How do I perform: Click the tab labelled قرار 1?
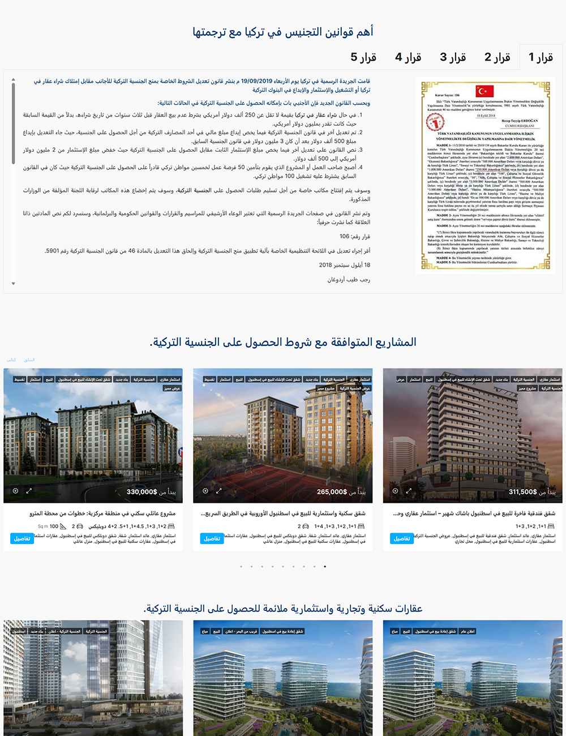point(541,57)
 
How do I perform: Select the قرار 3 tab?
point(453,57)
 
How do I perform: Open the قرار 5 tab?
point(363,57)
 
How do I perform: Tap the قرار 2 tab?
point(497,57)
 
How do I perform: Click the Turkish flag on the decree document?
point(484,91)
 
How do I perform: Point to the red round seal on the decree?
point(435,121)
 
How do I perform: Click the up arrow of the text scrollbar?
point(13,80)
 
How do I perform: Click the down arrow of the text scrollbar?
point(13,284)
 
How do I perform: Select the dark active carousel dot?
point(325,566)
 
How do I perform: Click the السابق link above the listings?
point(29,360)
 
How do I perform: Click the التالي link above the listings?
point(11,360)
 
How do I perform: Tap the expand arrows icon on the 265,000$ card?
point(218,491)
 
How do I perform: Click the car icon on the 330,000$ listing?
point(79,526)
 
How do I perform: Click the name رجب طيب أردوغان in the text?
point(349,280)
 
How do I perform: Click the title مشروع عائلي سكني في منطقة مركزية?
point(102,514)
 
